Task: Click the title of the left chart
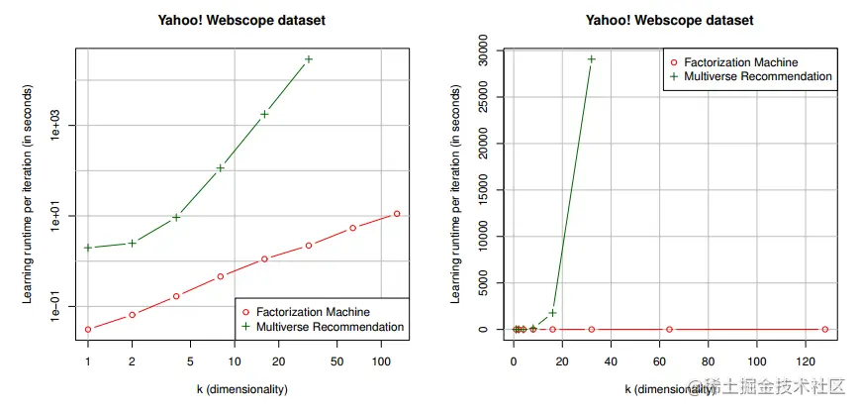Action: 242,20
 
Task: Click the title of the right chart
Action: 669,20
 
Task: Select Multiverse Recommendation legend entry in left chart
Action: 322,327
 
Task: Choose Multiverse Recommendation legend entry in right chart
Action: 749,76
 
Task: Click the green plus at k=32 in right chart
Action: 591,59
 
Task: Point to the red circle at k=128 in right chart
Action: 824,329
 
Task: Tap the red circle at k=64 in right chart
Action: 669,329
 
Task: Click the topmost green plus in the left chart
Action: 309,59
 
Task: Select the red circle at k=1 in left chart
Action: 88,329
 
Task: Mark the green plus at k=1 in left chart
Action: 88,248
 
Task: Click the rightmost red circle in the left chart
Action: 397,214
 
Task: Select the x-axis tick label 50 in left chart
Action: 337,363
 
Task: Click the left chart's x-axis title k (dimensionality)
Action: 242,390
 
